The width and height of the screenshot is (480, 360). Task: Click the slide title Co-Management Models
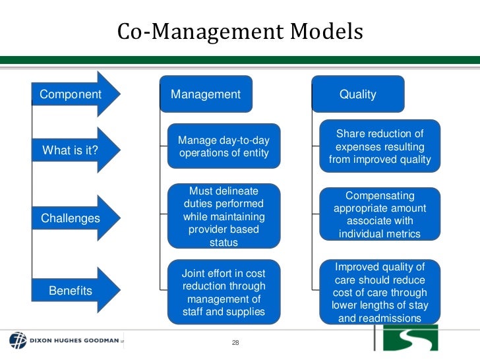click(x=240, y=32)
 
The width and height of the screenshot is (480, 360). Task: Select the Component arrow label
click(x=71, y=94)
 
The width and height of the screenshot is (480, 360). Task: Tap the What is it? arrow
click(x=71, y=150)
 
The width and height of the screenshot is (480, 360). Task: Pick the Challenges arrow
click(x=71, y=218)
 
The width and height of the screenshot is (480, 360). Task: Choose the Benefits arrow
click(x=71, y=290)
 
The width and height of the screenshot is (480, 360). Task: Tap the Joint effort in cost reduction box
click(x=224, y=292)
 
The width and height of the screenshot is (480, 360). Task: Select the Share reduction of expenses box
click(x=379, y=146)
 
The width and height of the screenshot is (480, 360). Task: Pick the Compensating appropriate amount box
click(x=379, y=215)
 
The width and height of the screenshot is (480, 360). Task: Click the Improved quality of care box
click(x=379, y=292)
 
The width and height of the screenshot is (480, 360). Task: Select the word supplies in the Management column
click(x=245, y=311)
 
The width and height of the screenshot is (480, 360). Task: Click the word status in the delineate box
click(x=224, y=242)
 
